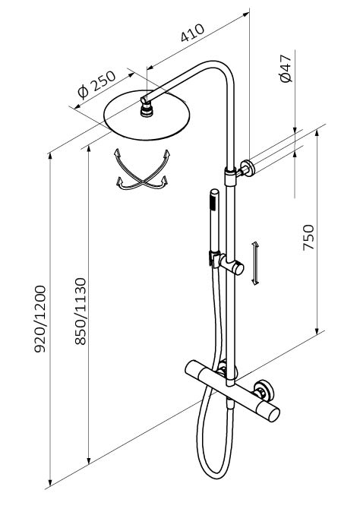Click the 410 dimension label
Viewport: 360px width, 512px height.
(193, 33)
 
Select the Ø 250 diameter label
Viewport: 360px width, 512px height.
(97, 85)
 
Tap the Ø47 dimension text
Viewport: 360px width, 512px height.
(286, 68)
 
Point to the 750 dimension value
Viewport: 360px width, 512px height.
(308, 237)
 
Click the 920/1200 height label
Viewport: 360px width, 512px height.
(40, 319)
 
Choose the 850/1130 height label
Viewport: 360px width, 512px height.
(81, 311)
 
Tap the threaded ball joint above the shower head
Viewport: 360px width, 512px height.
(147, 109)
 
